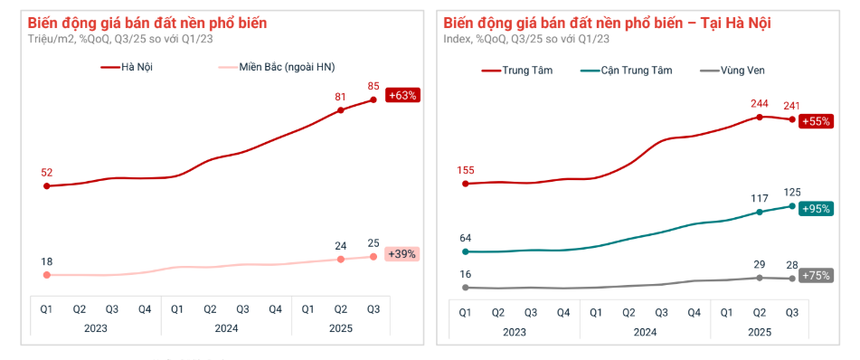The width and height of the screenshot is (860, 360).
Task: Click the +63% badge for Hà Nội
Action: [402, 95]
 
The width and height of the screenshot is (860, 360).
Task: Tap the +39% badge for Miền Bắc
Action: [402, 254]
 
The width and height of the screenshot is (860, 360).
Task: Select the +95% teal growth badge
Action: [817, 209]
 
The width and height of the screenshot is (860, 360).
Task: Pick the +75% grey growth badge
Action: [817, 276]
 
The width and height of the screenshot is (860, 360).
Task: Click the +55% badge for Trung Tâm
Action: [817, 122]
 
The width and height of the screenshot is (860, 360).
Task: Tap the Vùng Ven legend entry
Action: [736, 70]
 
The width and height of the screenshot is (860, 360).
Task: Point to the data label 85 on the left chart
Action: [373, 87]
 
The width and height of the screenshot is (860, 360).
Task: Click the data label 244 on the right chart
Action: [761, 103]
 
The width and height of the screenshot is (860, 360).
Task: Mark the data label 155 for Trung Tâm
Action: [465, 169]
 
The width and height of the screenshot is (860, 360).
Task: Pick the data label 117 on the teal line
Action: [760, 198]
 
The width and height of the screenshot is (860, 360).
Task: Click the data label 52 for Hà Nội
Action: [46, 172]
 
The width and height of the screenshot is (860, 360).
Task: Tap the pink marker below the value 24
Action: [341, 260]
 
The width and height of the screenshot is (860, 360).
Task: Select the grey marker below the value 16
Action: [465, 288]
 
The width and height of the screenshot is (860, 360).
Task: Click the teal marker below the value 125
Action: [792, 206]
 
